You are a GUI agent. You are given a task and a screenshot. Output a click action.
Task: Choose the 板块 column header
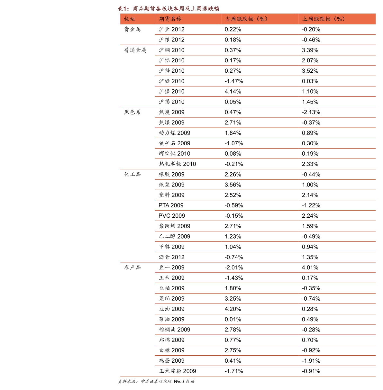(130, 19)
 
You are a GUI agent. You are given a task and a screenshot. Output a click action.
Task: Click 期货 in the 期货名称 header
(165, 19)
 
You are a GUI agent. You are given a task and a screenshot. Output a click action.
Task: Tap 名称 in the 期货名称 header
(176, 19)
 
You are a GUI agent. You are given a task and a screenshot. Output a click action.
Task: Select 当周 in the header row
(231, 19)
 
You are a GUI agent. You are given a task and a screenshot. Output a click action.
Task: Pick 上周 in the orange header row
(308, 19)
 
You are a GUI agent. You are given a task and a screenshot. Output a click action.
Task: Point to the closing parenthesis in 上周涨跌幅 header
(344, 19)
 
